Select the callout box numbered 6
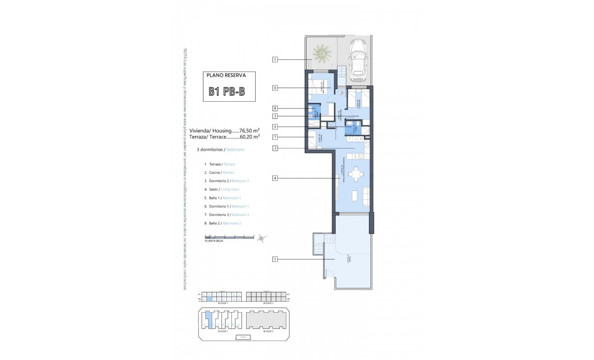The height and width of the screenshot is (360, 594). click(x=275, y=88)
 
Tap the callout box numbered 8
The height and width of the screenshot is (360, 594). click(x=275, y=108)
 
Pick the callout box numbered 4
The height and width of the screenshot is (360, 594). click(x=275, y=179)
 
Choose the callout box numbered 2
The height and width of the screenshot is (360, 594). click(x=275, y=148)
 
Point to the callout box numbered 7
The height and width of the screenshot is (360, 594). click(x=275, y=137)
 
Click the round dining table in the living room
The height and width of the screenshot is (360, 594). click(x=356, y=174)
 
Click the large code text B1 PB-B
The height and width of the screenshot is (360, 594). click(x=227, y=91)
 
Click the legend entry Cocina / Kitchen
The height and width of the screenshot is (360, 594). click(x=219, y=172)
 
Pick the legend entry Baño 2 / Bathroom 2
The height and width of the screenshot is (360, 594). click(x=222, y=223)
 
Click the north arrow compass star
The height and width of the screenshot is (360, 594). click(x=261, y=238)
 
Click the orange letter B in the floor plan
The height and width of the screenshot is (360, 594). click(x=342, y=93)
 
